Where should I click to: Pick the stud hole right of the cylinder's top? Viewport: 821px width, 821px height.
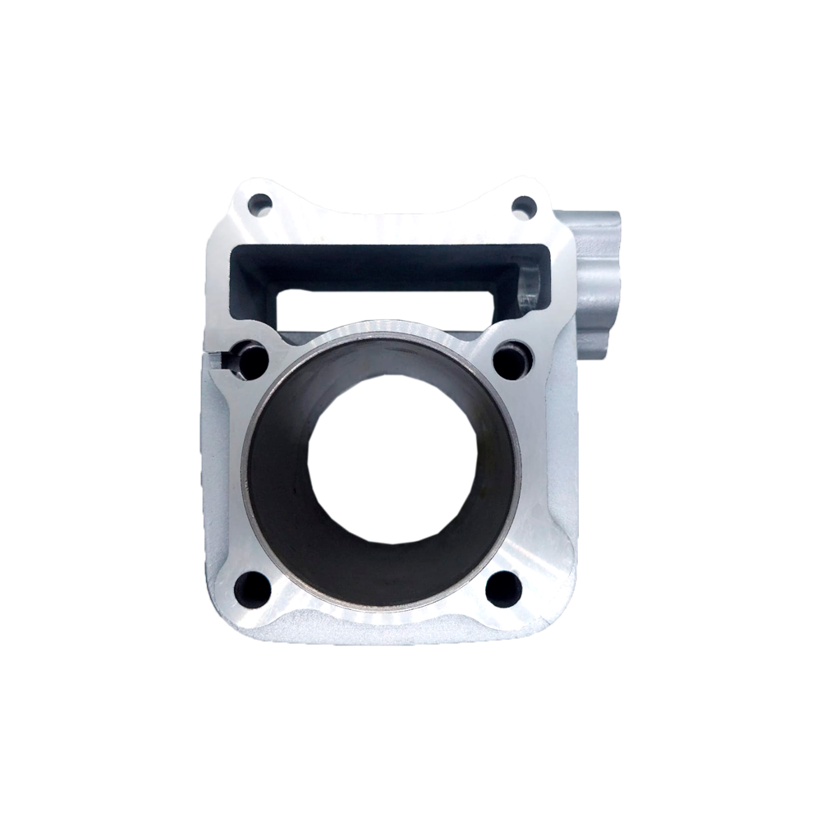(x=514, y=360)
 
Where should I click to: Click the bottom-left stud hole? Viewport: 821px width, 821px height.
(x=251, y=589)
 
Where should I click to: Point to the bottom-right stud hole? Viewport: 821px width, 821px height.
(x=502, y=588)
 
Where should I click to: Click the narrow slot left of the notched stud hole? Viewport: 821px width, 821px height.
(x=218, y=359)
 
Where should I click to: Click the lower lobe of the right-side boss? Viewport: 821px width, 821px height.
(x=593, y=328)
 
